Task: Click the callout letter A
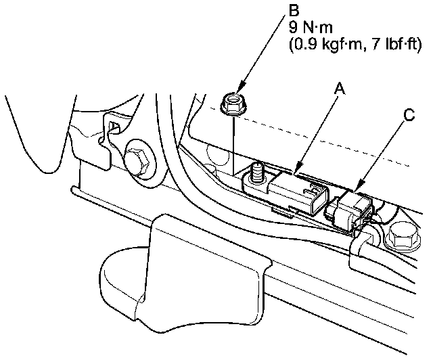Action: (340, 87)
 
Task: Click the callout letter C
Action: (407, 115)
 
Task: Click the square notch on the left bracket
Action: (114, 129)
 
